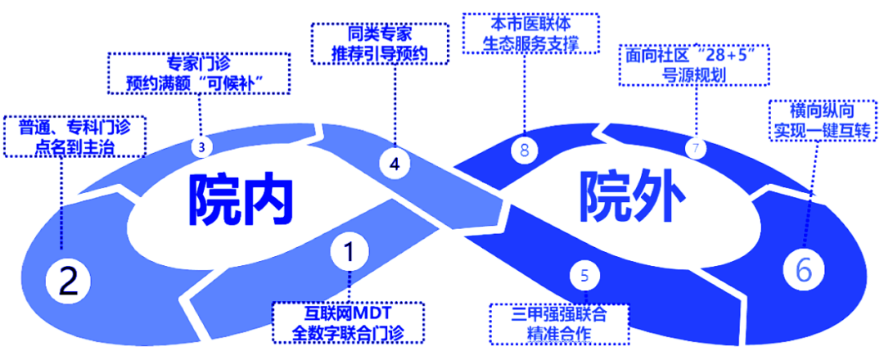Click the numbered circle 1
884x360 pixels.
tap(349, 252)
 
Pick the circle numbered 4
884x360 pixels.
tap(395, 163)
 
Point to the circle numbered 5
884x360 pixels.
tap(584, 275)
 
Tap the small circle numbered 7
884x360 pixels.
tap(697, 148)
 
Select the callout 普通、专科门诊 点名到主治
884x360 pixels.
tap(74, 135)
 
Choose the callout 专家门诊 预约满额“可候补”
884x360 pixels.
tap(199, 72)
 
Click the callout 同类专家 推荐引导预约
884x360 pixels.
tap(381, 43)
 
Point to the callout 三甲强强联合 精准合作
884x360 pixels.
tap(559, 324)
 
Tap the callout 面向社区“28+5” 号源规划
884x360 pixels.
tap(694, 65)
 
